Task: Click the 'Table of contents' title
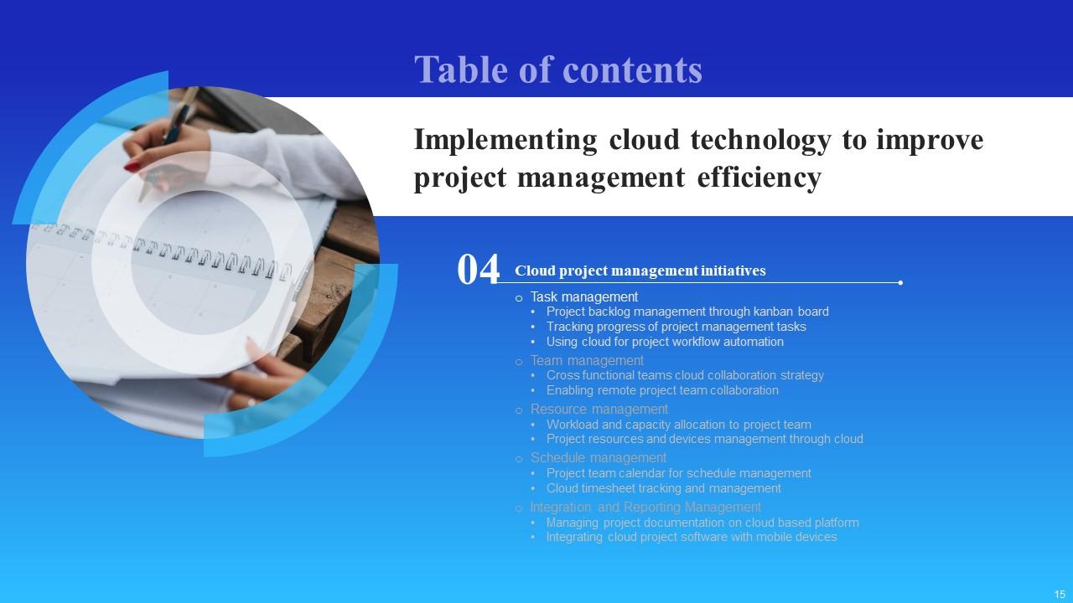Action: [x=557, y=70]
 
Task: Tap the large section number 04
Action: [x=478, y=271]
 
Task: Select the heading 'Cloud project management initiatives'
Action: [x=640, y=271]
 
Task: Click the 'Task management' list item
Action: [x=583, y=296]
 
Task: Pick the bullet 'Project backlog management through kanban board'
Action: [x=687, y=312]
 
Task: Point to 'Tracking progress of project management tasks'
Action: [x=676, y=327]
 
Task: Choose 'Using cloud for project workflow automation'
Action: [x=665, y=342]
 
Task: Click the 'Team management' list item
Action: [x=587, y=361]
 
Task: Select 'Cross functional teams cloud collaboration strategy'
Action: [x=685, y=375]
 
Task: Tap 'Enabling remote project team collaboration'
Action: [x=662, y=390]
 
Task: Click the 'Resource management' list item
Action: [x=599, y=410]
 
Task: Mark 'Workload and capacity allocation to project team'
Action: [x=678, y=425]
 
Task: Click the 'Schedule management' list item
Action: [x=598, y=458]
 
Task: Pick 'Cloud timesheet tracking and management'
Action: [x=663, y=488]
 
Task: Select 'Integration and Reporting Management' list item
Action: [x=645, y=507]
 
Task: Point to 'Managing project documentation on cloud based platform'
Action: [x=702, y=523]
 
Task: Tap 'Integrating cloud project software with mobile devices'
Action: [x=692, y=537]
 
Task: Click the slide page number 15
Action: [x=1060, y=594]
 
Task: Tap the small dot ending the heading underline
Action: [x=900, y=283]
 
